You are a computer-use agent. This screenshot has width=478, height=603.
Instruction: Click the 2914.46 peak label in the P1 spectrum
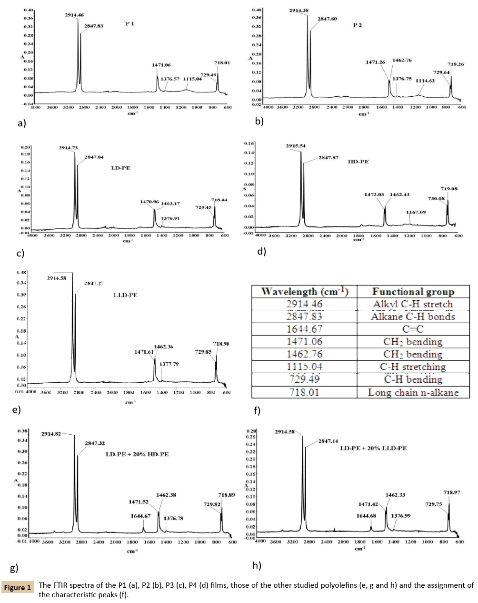(x=74, y=16)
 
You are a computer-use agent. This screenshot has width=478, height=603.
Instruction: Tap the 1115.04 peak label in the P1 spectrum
(x=192, y=79)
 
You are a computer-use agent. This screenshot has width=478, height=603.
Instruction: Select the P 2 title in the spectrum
(x=357, y=25)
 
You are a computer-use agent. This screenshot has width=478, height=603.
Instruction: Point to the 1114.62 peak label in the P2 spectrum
(x=425, y=81)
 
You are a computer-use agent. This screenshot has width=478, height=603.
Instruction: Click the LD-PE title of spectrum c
(x=120, y=168)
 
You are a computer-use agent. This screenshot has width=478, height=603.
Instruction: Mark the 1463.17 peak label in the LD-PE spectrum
(x=170, y=204)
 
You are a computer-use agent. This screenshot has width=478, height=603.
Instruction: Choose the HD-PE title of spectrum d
(x=358, y=162)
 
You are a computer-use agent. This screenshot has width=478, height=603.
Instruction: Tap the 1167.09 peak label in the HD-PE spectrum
(x=416, y=212)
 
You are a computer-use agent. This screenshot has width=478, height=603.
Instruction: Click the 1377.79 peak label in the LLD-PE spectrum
(x=169, y=364)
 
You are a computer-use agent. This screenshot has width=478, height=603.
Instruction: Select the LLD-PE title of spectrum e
(x=125, y=295)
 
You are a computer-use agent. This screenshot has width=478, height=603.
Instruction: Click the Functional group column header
(x=413, y=292)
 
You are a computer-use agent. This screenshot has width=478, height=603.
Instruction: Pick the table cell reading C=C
(x=413, y=329)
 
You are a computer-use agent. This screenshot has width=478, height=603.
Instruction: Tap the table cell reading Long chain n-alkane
(x=413, y=392)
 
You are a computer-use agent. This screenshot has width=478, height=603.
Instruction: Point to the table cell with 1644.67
(x=304, y=329)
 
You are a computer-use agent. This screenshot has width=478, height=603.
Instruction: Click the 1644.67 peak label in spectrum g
(x=140, y=516)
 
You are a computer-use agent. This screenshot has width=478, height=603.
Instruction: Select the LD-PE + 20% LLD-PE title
(x=373, y=448)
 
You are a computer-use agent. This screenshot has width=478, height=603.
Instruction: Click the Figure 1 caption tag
(x=18, y=588)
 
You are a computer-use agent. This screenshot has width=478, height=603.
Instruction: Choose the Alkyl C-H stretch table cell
(x=413, y=304)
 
